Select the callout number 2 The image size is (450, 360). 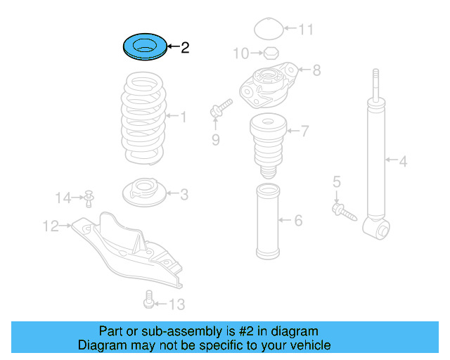185,48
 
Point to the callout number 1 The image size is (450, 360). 184,117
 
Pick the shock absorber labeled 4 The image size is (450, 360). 377,162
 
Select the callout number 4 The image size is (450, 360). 403,162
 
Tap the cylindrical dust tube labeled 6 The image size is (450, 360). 269,222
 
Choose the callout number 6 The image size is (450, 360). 298,221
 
